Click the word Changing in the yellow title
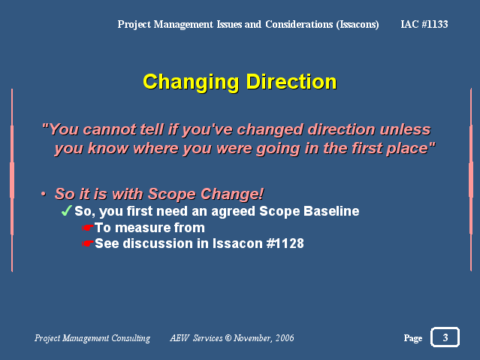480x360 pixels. tap(191, 83)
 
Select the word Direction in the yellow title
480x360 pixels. tap(291, 82)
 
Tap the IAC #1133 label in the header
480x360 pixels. tap(424, 24)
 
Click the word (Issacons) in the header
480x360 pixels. tap(358, 25)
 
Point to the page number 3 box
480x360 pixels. tap(445, 337)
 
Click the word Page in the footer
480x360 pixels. tap(413, 338)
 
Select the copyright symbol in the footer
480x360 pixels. tap(228, 337)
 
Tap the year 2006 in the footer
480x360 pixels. tap(285, 337)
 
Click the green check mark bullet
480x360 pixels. tap(66, 210)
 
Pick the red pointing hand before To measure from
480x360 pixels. tap(88, 228)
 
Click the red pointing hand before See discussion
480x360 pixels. tap(88, 244)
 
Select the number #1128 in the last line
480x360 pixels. tap(285, 244)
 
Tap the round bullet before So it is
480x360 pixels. tap(44, 194)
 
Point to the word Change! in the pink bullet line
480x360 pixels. tap(232, 194)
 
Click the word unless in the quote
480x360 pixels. tap(405, 129)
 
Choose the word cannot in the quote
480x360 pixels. tap(109, 129)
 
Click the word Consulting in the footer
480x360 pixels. tap(131, 338)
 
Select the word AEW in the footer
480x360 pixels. tap(180, 337)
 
